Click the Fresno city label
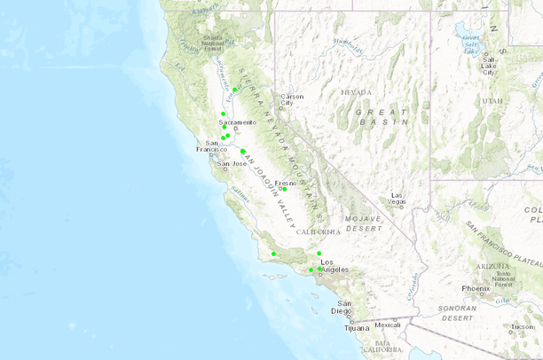285,183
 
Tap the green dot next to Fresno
285,189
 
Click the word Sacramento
237,121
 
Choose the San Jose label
232,163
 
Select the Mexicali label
388,325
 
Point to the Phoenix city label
476,288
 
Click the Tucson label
523,326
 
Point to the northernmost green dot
235,90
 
